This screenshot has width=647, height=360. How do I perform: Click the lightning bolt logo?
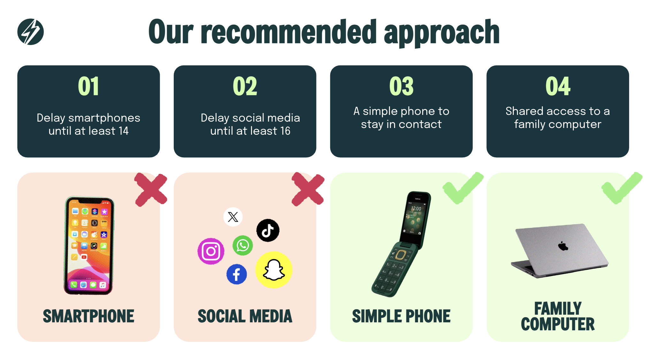[31, 32]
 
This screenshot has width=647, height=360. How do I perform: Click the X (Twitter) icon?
[233, 217]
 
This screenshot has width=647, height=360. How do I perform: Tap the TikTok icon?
[268, 230]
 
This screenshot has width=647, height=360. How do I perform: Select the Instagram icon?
[211, 251]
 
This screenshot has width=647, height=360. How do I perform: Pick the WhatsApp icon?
[243, 245]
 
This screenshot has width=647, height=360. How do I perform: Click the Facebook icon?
[237, 274]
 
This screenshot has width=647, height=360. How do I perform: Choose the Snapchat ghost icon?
[274, 270]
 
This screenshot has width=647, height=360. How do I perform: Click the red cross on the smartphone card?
[151, 190]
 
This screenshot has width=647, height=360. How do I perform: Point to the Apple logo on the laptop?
[563, 246]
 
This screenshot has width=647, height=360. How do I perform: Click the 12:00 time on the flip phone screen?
[416, 209]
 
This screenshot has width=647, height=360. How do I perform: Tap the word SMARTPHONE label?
[88, 316]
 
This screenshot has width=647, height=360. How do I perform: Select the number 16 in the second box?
[285, 131]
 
